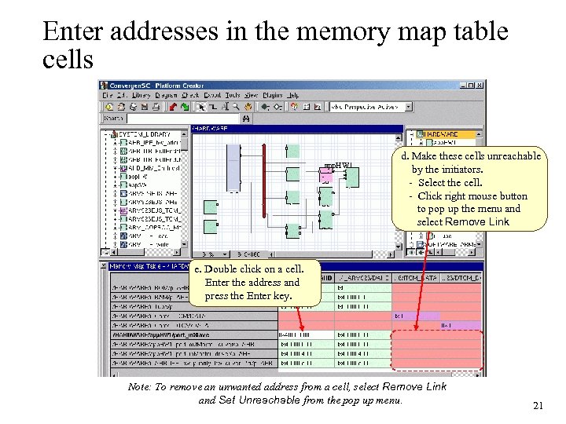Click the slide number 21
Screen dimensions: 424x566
point(538,405)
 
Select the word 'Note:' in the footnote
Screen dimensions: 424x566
point(141,387)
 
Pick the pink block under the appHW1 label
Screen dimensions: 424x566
point(326,177)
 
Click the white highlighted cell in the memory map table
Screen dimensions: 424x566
point(305,335)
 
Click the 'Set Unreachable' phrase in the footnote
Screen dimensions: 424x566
point(235,400)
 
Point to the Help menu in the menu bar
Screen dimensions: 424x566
point(293,96)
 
